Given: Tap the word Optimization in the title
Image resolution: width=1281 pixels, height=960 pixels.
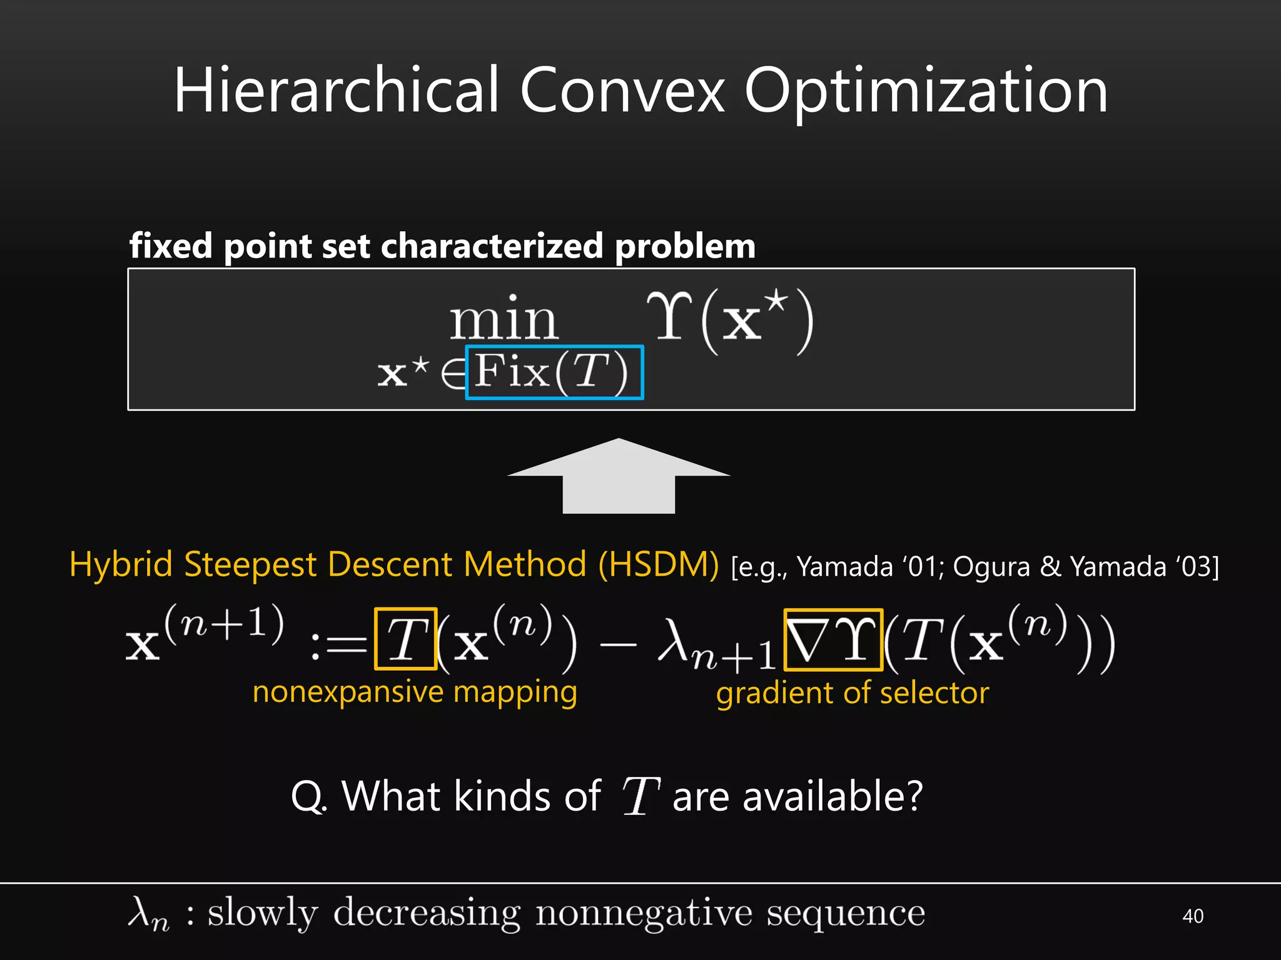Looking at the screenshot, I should coord(926,92).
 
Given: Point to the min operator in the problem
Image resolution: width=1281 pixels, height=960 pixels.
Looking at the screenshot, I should coord(503,320).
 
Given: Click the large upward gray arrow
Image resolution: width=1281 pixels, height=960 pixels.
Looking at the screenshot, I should coord(619,476).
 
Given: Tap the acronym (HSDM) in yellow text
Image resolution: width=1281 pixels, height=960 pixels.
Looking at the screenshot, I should coord(658,564).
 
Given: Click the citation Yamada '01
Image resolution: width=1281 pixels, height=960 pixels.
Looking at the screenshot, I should coord(870,567).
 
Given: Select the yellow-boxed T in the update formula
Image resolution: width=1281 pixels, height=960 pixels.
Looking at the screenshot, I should coord(405,639).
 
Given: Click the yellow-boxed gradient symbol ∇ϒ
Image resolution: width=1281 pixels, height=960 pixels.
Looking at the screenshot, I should coord(833,639).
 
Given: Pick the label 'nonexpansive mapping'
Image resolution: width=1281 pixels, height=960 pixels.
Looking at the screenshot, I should coord(415,692).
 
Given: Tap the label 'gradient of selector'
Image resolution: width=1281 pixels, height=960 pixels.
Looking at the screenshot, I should coord(853,693).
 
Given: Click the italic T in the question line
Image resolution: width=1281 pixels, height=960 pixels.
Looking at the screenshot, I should coord(640,796).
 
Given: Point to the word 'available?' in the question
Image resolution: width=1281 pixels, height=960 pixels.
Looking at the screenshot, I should coord(832,796).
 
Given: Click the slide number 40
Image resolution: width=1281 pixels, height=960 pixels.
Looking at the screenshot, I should coord(1193,916).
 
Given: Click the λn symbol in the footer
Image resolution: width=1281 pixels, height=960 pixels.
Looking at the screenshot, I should coord(148,914).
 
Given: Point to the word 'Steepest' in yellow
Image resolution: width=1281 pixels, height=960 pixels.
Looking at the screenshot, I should coord(250,564).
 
